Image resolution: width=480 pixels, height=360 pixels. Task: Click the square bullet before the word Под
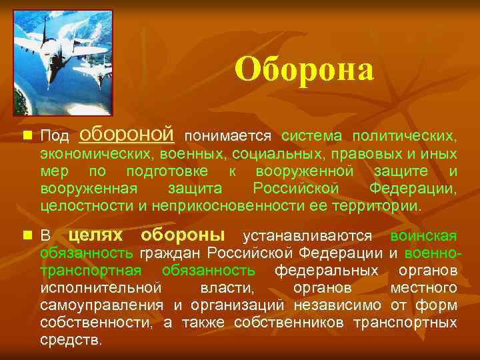click(x=26, y=135)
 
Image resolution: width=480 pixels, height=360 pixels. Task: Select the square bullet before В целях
click(x=26, y=235)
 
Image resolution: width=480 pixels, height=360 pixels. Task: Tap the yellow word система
click(x=312, y=136)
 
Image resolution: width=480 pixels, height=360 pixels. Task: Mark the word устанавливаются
click(x=309, y=236)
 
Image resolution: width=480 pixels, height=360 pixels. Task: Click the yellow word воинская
click(x=423, y=236)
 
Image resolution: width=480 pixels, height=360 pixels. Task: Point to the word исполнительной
click(x=101, y=288)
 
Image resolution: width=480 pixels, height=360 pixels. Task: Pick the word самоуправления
click(x=101, y=305)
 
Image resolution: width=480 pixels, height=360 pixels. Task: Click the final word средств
click(x=71, y=340)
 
